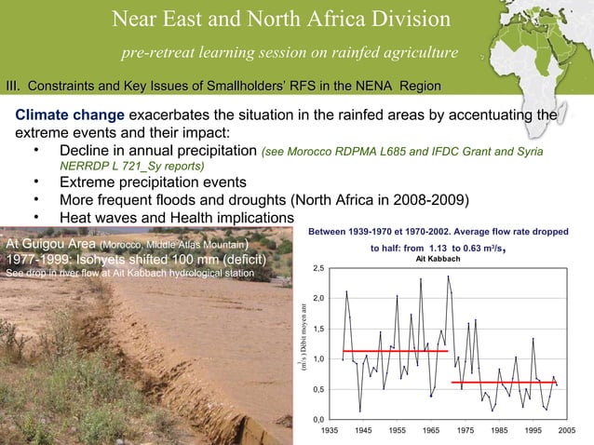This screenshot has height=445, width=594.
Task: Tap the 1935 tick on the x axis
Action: tap(330, 432)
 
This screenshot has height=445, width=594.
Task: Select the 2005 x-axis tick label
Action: tap(565, 432)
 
